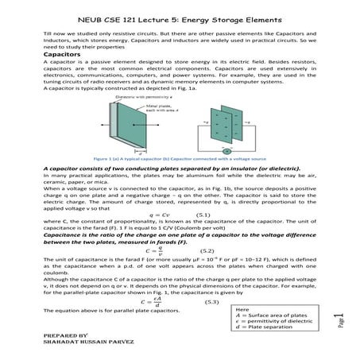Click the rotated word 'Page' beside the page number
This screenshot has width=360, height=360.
341,329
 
